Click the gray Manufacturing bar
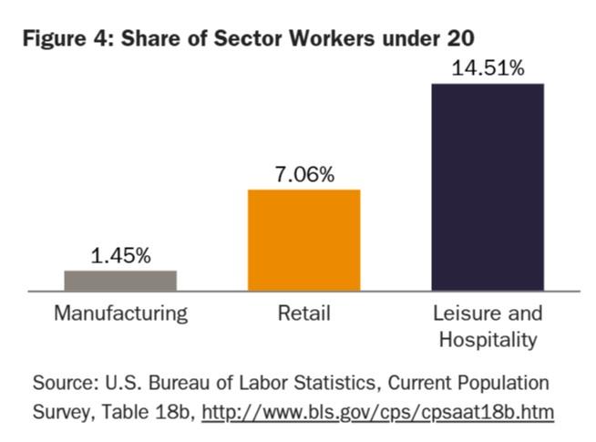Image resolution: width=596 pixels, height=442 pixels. [120, 280]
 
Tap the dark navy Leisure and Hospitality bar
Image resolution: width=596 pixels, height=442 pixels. [488, 187]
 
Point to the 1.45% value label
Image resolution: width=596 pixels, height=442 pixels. [120, 256]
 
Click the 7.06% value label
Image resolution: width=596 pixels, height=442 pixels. [303, 174]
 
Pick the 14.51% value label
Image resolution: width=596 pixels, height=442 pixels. [488, 68]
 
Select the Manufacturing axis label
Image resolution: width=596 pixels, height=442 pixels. [120, 314]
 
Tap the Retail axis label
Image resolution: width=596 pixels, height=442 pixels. [303, 314]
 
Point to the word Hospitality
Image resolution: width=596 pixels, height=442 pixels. [488, 339]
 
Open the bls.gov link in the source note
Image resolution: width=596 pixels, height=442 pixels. [377, 412]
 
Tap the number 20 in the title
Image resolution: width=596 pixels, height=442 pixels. [455, 38]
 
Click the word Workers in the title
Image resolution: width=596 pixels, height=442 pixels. [340, 38]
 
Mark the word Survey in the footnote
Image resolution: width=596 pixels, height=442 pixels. [60, 412]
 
